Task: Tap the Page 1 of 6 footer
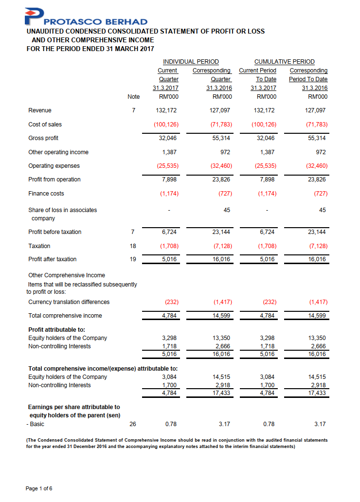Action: pyautogui.click(x=39, y=488)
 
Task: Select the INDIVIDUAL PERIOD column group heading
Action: pyautogui.click(x=191, y=62)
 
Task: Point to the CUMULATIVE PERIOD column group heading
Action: pyautogui.click(x=285, y=62)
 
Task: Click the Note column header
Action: pyautogui.click(x=133, y=97)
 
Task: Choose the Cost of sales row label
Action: pyautogui.click(x=45, y=125)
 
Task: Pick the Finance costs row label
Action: pyautogui.click(x=46, y=194)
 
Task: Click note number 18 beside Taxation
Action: pyautogui.click(x=133, y=246)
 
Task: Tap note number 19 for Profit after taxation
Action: pyautogui.click(x=133, y=259)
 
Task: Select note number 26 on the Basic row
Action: pyautogui.click(x=133, y=424)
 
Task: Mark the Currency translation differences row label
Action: pyautogui.click(x=69, y=302)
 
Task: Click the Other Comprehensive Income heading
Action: pyautogui.click(x=67, y=275)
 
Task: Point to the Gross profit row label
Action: pyautogui.click(x=43, y=138)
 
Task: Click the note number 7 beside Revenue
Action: pyautogui.click(x=133, y=110)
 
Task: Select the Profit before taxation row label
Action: pyautogui.click(x=55, y=232)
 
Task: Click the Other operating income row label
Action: pyautogui.click(x=58, y=152)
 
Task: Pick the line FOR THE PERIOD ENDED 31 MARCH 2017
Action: pyautogui.click(x=90, y=49)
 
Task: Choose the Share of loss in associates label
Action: pyautogui.click(x=62, y=210)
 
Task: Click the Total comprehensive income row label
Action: pyautogui.click(x=65, y=316)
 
